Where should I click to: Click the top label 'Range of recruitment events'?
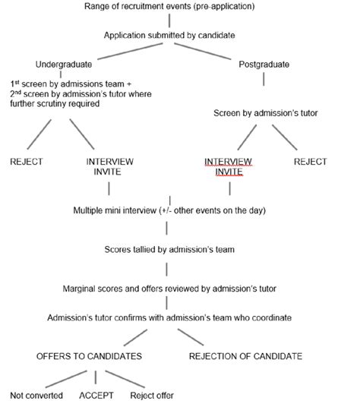pyautogui.click(x=179, y=7)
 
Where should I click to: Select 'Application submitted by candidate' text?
pyautogui.click(x=180, y=34)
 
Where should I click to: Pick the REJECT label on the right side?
pyautogui.click(x=310, y=162)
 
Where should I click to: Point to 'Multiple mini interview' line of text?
pyautogui.click(x=179, y=210)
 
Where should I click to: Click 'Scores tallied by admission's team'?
pyautogui.click(x=180, y=249)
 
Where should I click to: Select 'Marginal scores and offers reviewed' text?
pyautogui.click(x=180, y=289)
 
